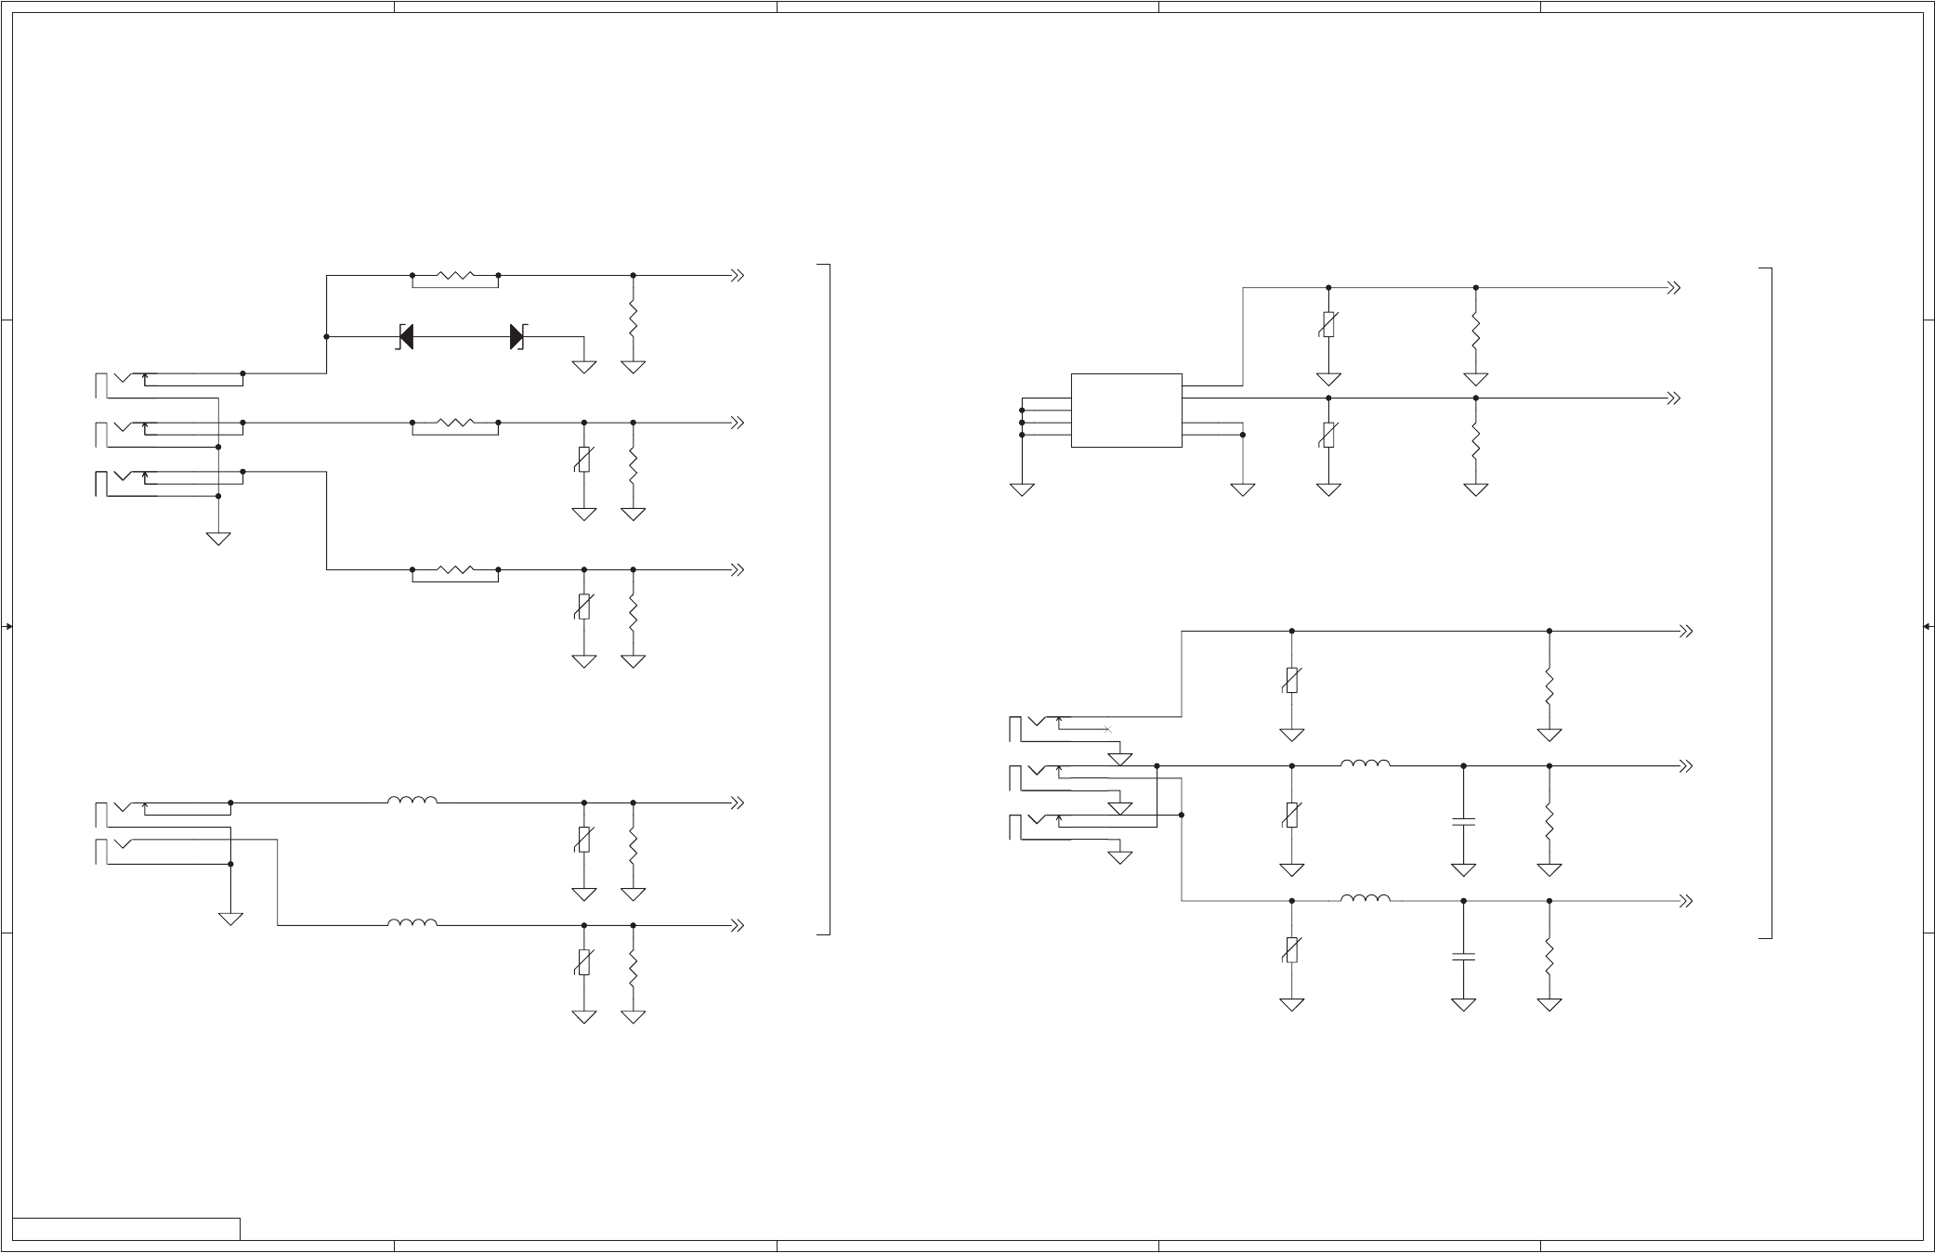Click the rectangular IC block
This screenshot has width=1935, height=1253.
(1126, 411)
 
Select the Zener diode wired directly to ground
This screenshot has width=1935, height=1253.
(516, 337)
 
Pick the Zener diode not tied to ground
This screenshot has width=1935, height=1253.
(406, 337)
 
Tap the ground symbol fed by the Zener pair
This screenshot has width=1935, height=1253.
(583, 367)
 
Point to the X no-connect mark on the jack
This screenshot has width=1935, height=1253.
(1107, 730)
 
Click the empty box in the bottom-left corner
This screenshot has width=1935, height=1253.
(126, 1229)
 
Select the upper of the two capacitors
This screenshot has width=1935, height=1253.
(1463, 822)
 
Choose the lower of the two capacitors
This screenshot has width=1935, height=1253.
(1463, 956)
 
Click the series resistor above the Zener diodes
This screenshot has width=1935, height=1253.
(455, 276)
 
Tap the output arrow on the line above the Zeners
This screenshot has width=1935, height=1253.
(738, 276)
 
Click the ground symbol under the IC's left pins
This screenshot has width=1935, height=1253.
(1022, 489)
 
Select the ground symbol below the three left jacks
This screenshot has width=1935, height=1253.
(218, 538)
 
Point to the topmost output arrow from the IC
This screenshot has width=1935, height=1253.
(1674, 288)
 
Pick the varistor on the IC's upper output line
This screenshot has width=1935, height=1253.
(1328, 325)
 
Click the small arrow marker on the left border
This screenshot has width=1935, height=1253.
(7, 627)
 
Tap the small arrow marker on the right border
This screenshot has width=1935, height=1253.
(1928, 627)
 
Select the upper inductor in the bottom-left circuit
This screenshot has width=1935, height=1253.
(412, 800)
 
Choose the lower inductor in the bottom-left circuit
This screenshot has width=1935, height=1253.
(412, 922)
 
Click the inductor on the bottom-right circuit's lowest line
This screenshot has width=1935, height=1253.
(1365, 898)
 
